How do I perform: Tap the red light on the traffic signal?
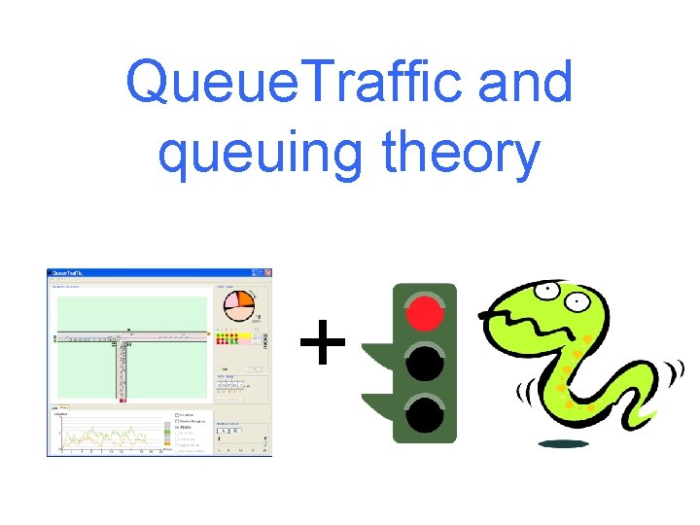[424, 313]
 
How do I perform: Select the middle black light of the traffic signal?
[424, 364]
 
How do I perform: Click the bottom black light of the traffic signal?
[424, 413]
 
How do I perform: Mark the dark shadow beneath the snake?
[564, 444]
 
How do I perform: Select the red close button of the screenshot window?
[267, 273]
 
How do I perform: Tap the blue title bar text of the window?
[68, 273]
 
